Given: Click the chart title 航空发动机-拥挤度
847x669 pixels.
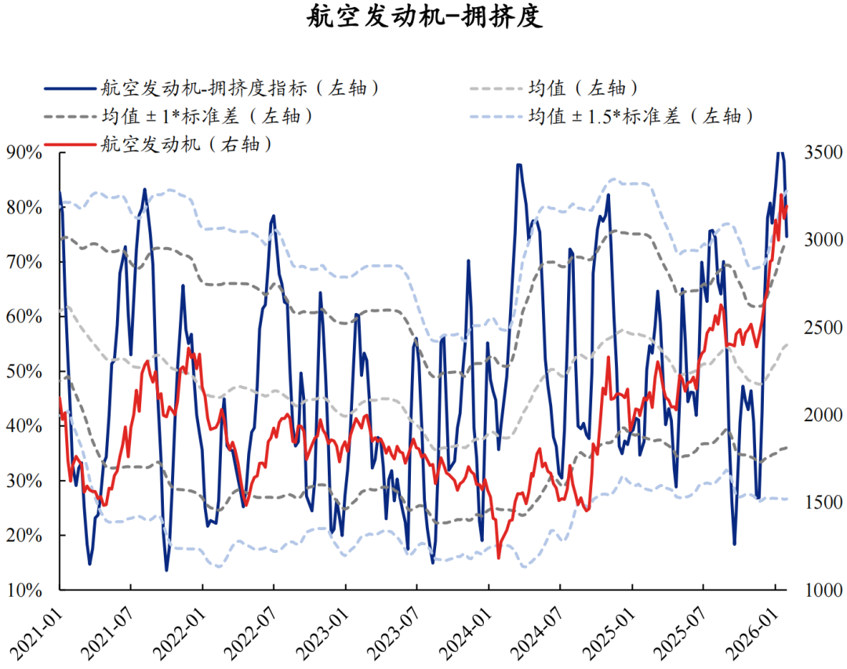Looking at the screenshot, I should click(423, 17).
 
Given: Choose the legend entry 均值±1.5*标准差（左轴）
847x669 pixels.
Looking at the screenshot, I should click(640, 116).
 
